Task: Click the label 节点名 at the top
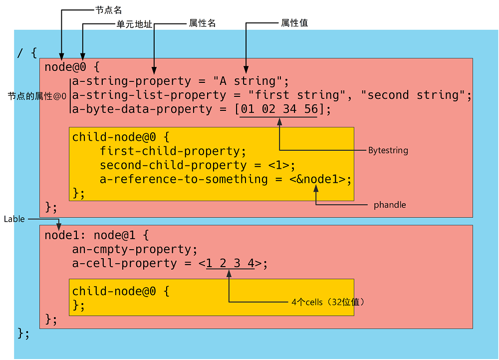click(108, 9)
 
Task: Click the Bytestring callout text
click(388, 150)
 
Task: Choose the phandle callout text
click(389, 205)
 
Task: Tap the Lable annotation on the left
click(14, 219)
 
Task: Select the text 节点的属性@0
click(37, 96)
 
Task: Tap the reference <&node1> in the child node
click(317, 179)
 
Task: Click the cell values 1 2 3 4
click(230, 263)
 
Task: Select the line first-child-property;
click(173, 151)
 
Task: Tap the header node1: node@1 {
click(96, 235)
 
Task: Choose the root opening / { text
click(27, 52)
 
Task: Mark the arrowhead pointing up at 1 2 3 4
click(229, 273)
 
